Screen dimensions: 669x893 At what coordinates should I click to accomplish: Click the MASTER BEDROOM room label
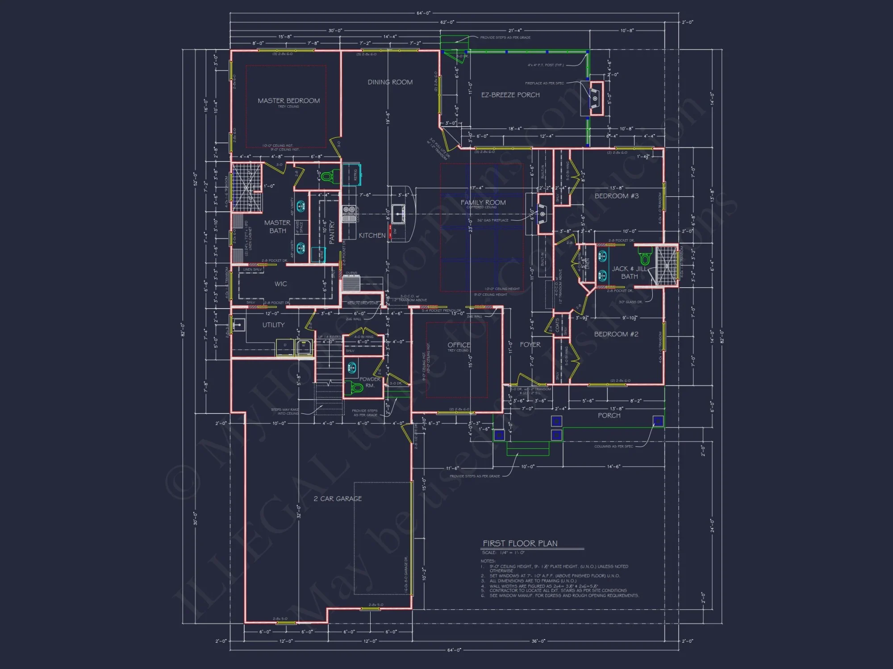click(288, 101)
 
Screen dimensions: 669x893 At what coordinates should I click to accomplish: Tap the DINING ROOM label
click(390, 82)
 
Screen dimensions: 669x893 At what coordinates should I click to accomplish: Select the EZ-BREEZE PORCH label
click(510, 95)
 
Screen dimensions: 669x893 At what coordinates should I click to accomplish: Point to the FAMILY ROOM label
click(483, 202)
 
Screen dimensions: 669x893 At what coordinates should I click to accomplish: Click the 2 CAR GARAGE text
click(338, 499)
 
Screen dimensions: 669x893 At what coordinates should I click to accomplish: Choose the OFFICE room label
click(459, 345)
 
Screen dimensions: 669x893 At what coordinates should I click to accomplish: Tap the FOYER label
click(530, 345)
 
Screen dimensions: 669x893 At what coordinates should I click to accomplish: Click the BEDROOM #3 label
click(616, 196)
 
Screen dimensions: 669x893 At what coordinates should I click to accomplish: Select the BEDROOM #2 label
click(616, 334)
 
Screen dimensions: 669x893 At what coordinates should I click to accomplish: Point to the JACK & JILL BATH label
click(629, 273)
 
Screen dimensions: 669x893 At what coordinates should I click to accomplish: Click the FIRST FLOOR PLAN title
click(520, 543)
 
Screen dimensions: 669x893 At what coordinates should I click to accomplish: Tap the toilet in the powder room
click(356, 388)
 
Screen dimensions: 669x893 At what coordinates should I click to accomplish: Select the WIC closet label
click(280, 284)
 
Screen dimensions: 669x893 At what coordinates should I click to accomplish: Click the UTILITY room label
click(273, 325)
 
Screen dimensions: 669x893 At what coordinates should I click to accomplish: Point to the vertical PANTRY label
click(332, 233)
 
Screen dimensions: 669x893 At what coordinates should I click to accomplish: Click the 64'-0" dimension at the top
click(423, 13)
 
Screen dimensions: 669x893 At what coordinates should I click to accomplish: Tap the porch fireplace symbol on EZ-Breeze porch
click(595, 98)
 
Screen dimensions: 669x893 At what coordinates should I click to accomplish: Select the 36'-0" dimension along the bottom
click(538, 641)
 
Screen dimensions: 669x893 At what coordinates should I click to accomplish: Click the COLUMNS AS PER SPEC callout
click(613, 446)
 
